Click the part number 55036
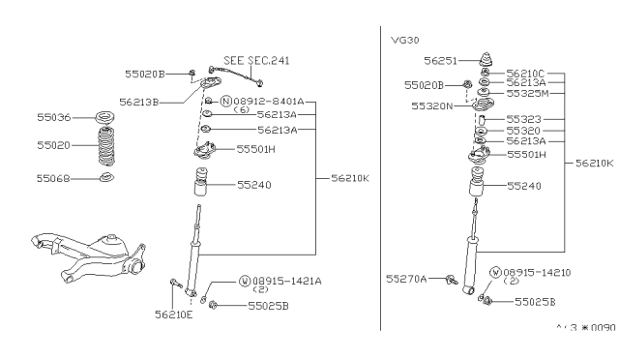click(53, 118)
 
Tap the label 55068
click(53, 178)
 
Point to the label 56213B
click(139, 100)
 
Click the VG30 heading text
click(404, 41)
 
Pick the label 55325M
click(528, 94)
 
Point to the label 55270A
click(407, 278)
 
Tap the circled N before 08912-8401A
click(226, 101)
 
